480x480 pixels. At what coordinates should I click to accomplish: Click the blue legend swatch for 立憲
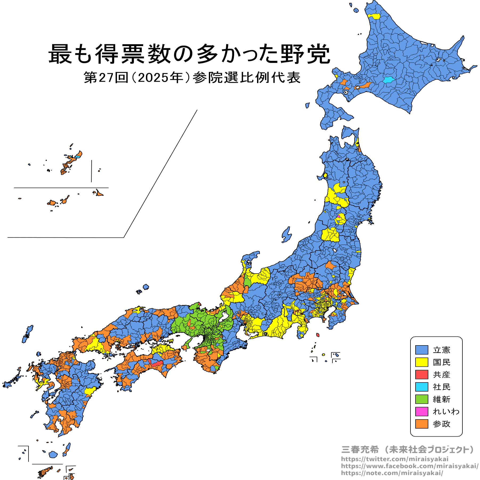(x=421, y=350)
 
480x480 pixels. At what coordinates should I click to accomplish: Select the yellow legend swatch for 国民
(x=421, y=362)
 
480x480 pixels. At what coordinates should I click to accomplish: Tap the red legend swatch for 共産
(x=421, y=375)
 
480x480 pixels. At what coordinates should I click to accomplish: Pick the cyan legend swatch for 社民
(x=421, y=387)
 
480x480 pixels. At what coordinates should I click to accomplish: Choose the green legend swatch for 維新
(x=421, y=399)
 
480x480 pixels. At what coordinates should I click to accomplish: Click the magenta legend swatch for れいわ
(x=421, y=411)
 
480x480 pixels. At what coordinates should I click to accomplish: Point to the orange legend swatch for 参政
(x=421, y=424)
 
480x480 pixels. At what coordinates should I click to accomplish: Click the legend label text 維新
(x=441, y=399)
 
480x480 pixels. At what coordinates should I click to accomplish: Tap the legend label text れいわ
(x=446, y=411)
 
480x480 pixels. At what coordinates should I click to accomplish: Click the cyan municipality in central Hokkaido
(x=388, y=79)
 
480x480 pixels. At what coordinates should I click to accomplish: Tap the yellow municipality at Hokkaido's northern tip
(x=374, y=16)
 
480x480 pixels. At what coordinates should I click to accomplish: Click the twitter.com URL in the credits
(x=394, y=459)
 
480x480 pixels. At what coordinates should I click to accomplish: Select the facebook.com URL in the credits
(x=409, y=466)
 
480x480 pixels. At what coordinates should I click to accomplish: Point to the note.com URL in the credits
(x=392, y=473)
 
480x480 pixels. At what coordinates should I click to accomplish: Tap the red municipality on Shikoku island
(x=157, y=363)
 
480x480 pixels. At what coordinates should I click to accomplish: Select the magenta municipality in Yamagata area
(x=339, y=216)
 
